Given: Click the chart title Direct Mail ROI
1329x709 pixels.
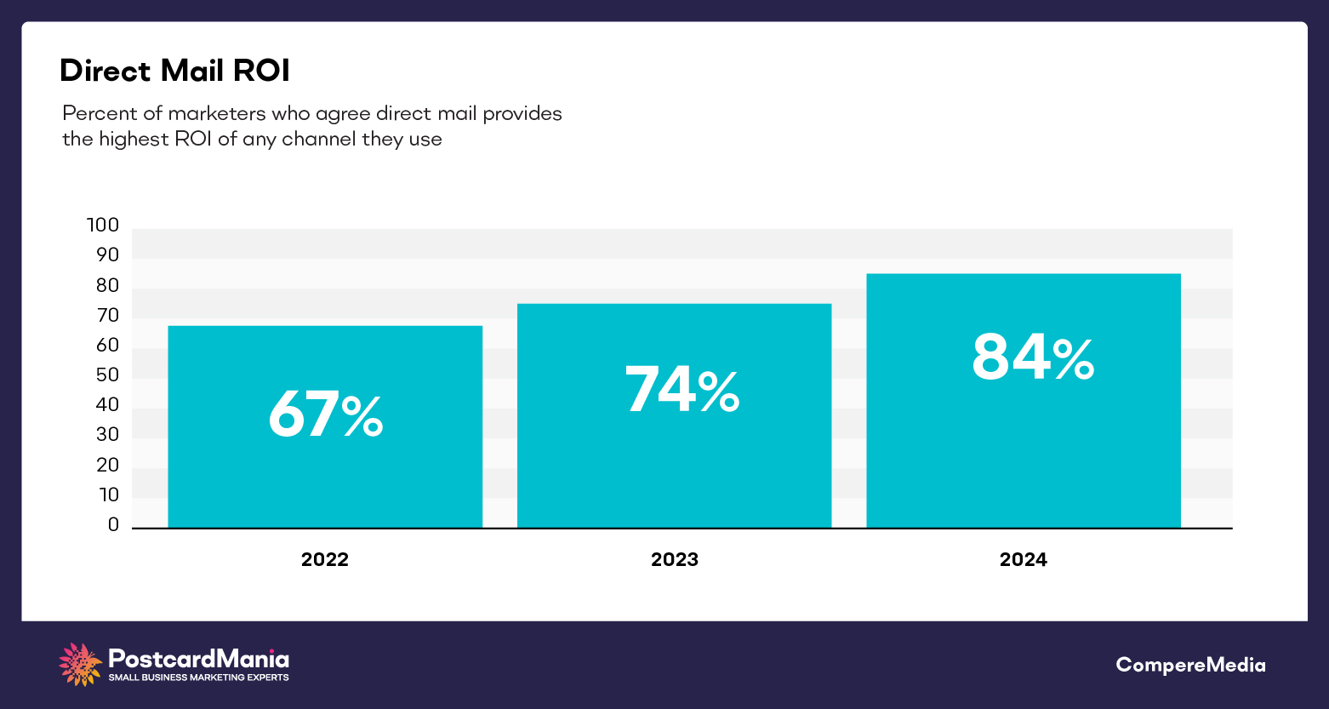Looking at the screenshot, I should pos(174,71).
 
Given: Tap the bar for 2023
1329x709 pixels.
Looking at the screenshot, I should pos(674,468).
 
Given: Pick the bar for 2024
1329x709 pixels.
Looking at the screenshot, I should pos(1023,451).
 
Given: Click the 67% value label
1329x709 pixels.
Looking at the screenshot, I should pos(325,415).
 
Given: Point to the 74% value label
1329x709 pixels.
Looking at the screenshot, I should pos(682,390).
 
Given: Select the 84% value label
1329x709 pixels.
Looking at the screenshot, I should pos(1032,357).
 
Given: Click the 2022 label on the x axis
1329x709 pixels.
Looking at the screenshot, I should pos(325,559).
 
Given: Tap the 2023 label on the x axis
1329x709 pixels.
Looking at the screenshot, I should pos(674,559).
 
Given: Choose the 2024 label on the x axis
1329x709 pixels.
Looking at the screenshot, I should pos(1023,559).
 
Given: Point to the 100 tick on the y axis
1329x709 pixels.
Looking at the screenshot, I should pos(103,226).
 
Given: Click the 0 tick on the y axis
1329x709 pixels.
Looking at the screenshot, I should pos(113,525).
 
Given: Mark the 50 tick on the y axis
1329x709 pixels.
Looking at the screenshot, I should pos(107,375).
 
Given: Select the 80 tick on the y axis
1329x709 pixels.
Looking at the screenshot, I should pos(107,285).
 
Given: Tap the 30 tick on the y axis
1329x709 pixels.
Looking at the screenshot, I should pos(107,435).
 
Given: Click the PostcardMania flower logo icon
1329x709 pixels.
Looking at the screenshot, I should pos(81,665).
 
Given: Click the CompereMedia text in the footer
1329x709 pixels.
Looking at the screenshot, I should pos(1190,665).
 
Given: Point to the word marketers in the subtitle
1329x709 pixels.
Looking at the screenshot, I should pos(216,114).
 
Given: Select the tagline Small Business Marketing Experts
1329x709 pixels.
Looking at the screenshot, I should pos(198,678).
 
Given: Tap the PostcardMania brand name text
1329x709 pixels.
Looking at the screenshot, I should pos(198,659).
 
